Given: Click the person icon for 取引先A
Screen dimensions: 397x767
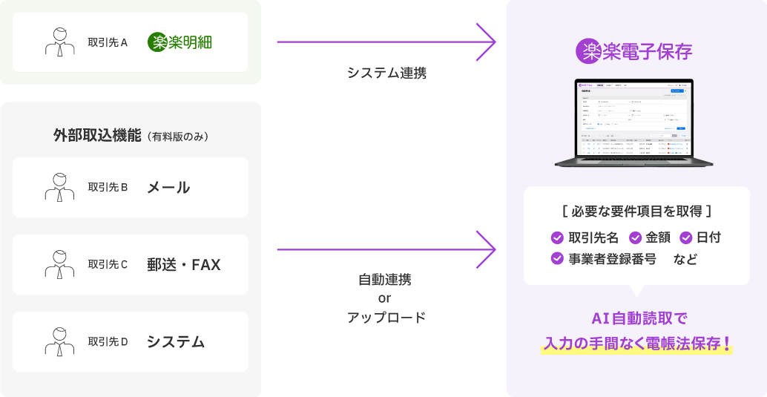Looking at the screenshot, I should click(x=60, y=42).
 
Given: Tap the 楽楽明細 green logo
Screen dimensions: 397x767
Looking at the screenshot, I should click(x=180, y=42).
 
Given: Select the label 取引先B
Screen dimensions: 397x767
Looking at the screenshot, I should click(x=108, y=187).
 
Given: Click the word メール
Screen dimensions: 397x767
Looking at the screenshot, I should click(x=168, y=187).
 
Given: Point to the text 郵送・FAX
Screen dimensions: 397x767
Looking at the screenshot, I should click(x=184, y=264).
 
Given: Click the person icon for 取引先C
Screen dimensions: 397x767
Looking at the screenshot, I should click(x=60, y=263).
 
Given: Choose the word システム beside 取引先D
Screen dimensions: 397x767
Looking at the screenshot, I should click(x=176, y=341).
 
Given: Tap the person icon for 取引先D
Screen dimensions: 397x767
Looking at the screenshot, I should click(x=60, y=341).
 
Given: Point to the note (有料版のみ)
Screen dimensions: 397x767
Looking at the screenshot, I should click(x=177, y=137).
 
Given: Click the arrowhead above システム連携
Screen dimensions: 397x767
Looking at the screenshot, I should click(x=487, y=42).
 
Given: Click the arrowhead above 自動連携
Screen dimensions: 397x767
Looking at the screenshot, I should click(x=487, y=249).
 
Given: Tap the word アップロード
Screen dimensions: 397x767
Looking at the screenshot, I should click(x=386, y=318).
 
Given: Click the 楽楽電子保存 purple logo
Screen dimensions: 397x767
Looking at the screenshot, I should click(x=634, y=51).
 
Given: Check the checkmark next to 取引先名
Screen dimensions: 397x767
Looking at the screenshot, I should click(x=557, y=237).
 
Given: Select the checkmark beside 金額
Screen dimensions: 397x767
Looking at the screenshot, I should click(x=636, y=237).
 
